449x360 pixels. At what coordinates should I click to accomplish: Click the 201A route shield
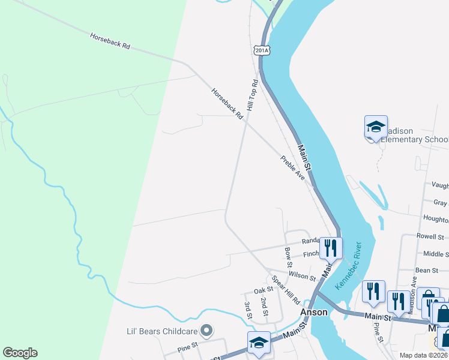(x=261, y=50)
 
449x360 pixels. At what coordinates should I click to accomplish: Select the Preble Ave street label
(x=293, y=167)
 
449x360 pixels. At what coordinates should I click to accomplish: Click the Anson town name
(x=314, y=313)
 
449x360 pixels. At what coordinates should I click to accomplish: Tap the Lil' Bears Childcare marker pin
(x=206, y=330)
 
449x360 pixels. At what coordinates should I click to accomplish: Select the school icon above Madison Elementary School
(x=376, y=127)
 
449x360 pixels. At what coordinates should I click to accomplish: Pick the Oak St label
(x=263, y=290)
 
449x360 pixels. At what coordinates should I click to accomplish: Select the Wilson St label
(x=302, y=277)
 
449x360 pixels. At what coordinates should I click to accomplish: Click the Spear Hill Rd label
(x=286, y=290)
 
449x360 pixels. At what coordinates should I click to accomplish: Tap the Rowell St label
(x=430, y=236)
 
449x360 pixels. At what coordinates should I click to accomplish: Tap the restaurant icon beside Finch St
(x=331, y=247)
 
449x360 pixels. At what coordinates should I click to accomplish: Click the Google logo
(x=20, y=353)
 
